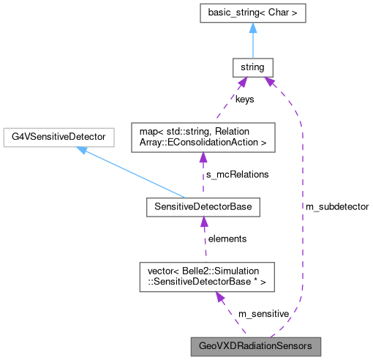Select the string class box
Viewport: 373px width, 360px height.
pos(252,68)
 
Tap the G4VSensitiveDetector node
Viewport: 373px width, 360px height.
pos(58,137)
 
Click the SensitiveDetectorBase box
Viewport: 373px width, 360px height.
pos(203,208)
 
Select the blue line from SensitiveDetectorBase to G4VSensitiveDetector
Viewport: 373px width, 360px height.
pos(132,173)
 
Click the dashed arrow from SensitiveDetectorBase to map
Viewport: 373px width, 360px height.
pos(203,176)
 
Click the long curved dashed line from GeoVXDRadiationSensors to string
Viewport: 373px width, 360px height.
pos(301,220)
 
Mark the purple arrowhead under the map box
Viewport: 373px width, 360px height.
pos(203,159)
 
